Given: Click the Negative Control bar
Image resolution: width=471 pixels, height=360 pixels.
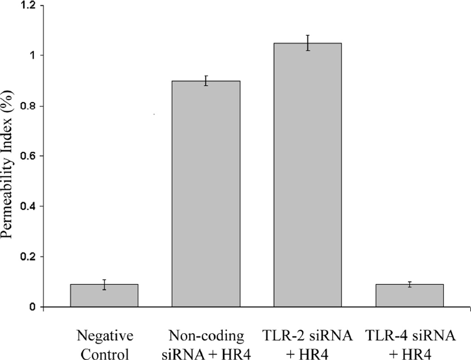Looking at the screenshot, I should click(x=104, y=296).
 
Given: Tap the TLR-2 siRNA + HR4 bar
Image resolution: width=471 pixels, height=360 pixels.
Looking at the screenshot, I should click(x=308, y=175).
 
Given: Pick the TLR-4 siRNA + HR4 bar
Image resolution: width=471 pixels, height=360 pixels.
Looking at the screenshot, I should click(x=410, y=296).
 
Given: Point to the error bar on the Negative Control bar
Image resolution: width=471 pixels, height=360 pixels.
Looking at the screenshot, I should click(x=104, y=285).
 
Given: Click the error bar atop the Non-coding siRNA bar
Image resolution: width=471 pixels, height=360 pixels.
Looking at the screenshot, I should click(x=206, y=81).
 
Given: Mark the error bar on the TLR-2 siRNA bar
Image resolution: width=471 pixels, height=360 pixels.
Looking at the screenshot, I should click(x=308, y=43).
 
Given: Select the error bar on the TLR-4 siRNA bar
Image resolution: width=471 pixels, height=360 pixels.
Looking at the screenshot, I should click(x=410, y=285).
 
